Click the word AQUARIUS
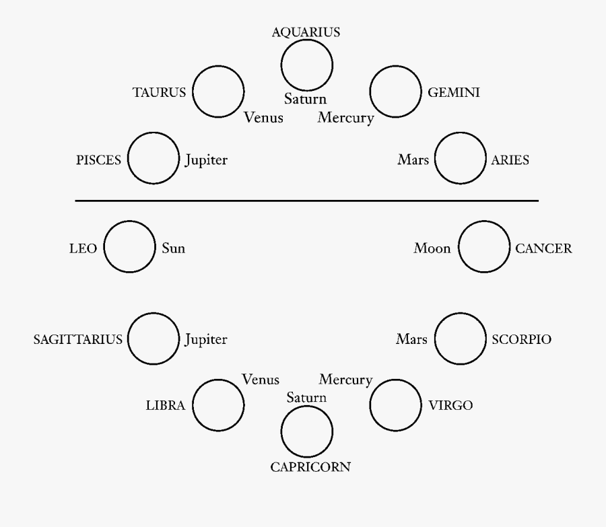click(x=306, y=32)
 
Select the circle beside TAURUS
click(x=218, y=92)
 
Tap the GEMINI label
click(x=454, y=93)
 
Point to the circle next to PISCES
click(x=153, y=160)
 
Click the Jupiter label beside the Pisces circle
click(x=206, y=160)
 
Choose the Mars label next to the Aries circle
click(x=413, y=160)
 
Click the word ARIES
click(x=510, y=160)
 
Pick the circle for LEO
click(x=129, y=248)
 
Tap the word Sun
click(x=174, y=248)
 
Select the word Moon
click(x=432, y=248)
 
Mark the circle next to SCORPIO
click(x=460, y=339)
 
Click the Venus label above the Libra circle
click(x=261, y=380)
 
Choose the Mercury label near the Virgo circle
click(x=345, y=380)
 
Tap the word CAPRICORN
click(x=310, y=466)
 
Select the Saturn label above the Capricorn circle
click(x=306, y=397)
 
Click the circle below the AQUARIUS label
click(x=306, y=65)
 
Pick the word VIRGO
click(x=451, y=405)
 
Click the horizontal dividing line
click(x=306, y=201)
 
